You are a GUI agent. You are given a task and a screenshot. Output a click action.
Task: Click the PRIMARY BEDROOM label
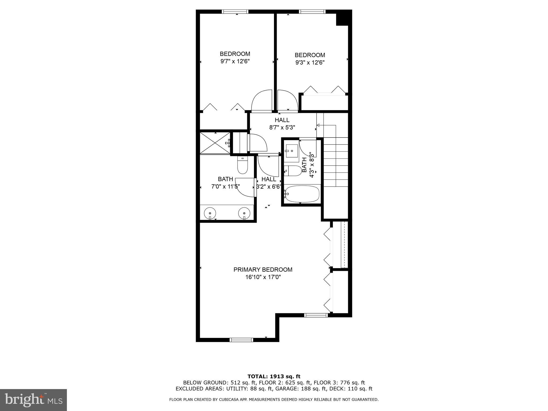coord(263,269)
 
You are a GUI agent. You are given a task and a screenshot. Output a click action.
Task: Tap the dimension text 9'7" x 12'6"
coord(235,62)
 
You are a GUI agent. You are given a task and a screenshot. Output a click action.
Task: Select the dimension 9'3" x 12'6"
coord(310,63)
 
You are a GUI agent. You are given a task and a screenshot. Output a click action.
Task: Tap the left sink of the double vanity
coord(210,213)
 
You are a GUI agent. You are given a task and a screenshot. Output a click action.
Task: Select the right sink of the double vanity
coord(244,213)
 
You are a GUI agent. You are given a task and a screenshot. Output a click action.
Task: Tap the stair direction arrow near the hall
coord(319,125)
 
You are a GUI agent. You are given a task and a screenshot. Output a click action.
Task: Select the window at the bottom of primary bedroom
coord(241,340)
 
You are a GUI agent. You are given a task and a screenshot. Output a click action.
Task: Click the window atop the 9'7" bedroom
coord(235,12)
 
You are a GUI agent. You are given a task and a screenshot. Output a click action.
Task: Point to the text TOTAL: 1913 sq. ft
coord(274,376)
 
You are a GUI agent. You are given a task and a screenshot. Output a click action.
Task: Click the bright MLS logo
coord(33,400)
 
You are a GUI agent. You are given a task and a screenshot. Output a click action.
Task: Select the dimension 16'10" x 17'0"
coord(263,277)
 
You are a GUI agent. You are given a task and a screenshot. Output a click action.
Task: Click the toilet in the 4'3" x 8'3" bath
coord(292,170)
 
